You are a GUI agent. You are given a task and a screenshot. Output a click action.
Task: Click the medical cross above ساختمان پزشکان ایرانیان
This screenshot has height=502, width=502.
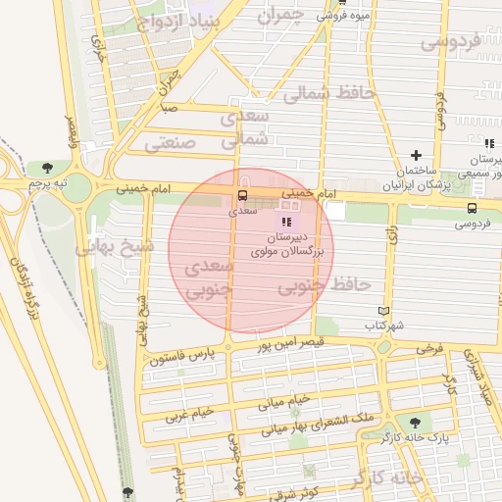[x=416, y=155]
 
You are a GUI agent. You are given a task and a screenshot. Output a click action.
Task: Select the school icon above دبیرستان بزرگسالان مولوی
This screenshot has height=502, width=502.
[x=286, y=223]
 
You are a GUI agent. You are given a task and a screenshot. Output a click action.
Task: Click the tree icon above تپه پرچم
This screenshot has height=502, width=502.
[x=47, y=168]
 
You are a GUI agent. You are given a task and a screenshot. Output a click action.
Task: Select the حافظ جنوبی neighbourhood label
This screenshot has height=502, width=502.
[x=325, y=286]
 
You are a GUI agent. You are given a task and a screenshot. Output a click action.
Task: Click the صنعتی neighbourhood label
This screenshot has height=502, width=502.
[x=171, y=143]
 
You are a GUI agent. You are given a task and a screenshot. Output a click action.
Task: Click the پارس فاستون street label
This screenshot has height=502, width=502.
[x=181, y=354]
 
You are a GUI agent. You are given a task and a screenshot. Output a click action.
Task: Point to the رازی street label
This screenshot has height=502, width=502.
[x=393, y=233]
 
